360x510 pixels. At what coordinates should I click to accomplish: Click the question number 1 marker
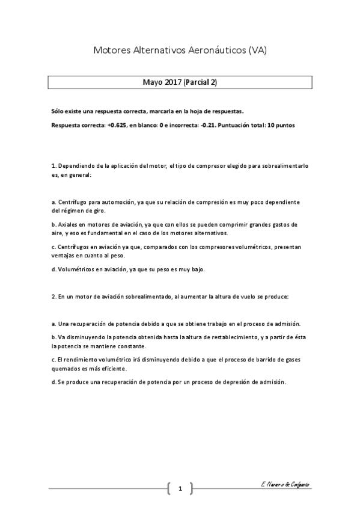[53, 165]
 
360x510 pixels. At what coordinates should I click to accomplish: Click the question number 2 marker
[53, 296]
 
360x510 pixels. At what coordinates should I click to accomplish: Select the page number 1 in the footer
[180, 488]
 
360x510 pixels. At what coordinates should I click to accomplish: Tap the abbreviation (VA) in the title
[257, 51]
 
